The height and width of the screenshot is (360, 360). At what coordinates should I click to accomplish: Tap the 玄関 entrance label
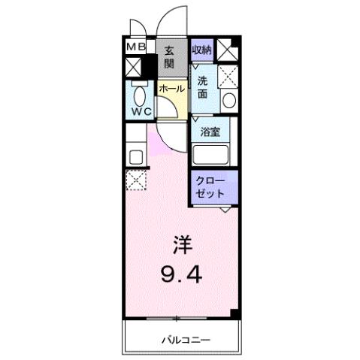pos(170,57)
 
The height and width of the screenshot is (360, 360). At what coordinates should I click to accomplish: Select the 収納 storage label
pos(201,50)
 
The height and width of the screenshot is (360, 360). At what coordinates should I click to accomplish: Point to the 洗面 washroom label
pos(203,88)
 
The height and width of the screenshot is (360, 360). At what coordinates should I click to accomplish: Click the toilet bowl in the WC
pos(139,96)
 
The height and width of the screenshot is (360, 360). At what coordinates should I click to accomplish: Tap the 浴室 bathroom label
pos(210,132)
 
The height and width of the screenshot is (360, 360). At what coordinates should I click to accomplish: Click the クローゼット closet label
pos(210,187)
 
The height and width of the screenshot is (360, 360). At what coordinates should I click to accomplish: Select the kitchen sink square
pos(136,157)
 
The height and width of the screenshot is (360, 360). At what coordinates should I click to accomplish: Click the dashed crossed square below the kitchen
pos(136,180)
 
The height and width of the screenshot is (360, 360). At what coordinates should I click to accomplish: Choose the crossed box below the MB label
pos(132,67)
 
